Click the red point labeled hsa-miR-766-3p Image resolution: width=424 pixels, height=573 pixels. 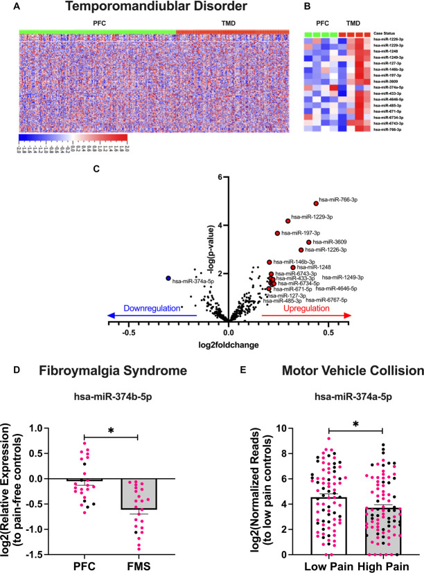coord(316,203)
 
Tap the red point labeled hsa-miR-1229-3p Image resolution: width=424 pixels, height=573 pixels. coord(288,221)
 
